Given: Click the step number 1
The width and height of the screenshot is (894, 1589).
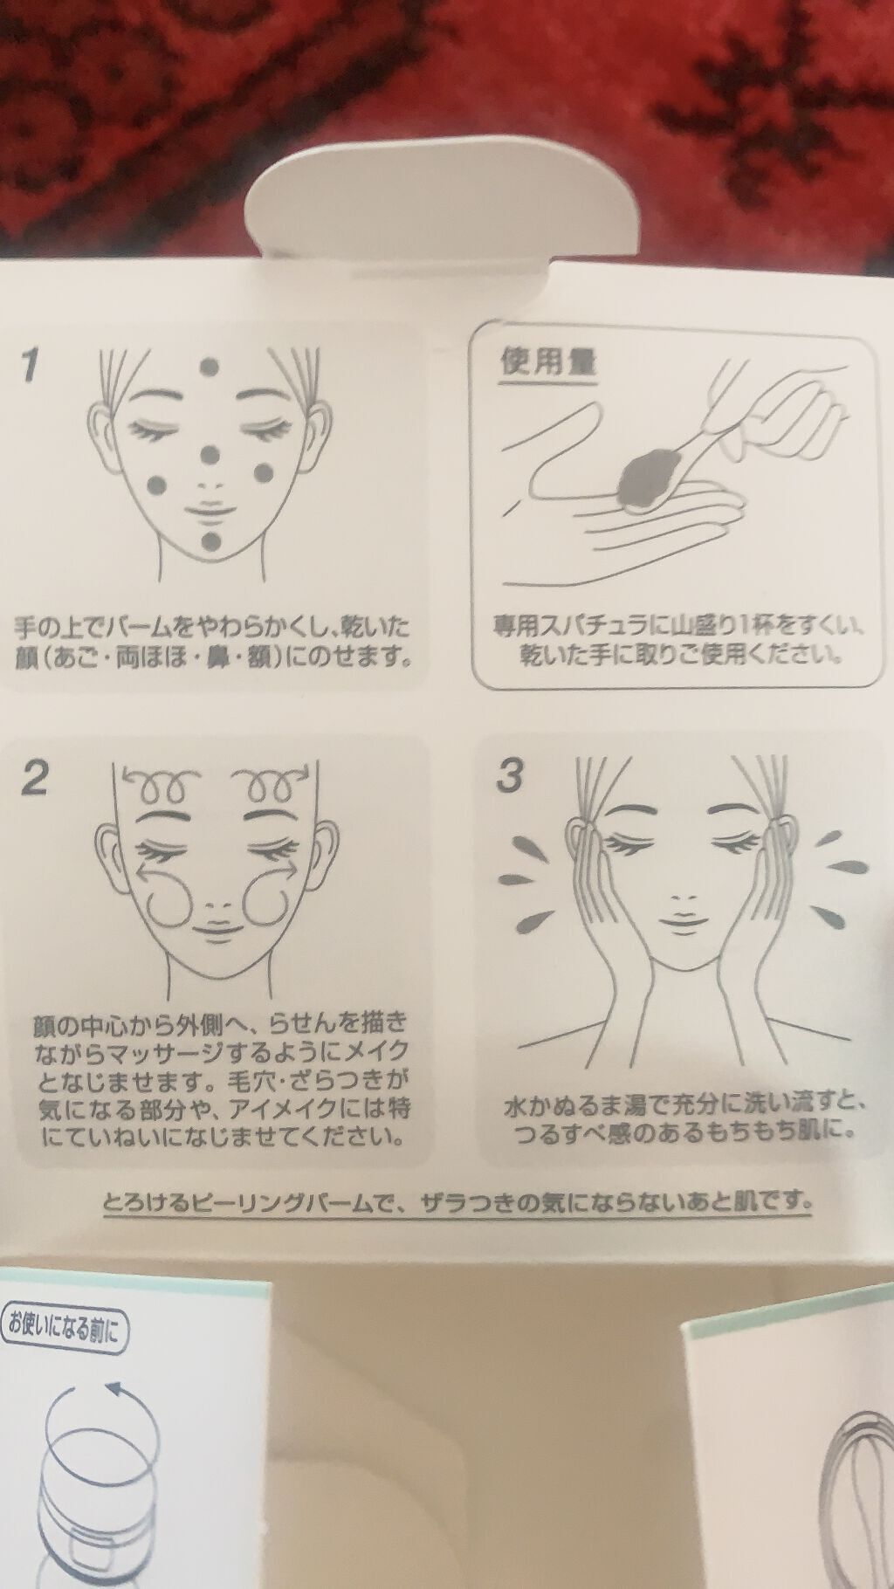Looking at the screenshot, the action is [31, 364].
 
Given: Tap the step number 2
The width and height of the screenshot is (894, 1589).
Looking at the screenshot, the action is [35, 777].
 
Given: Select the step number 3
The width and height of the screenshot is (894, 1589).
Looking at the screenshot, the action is [509, 775].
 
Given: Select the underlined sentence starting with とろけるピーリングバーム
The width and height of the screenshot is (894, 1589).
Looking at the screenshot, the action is [457, 1202].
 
